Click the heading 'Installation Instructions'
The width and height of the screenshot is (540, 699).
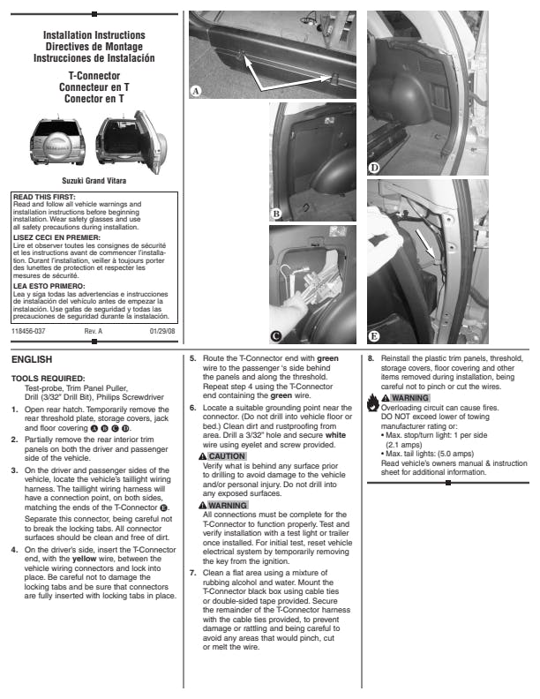(x=94, y=35)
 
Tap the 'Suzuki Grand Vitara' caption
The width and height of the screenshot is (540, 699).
(x=94, y=180)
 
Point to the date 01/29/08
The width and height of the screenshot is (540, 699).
(x=162, y=331)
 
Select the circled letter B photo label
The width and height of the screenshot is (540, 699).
(x=276, y=213)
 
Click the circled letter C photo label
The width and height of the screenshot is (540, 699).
(x=276, y=335)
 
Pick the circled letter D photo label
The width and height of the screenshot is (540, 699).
(x=374, y=168)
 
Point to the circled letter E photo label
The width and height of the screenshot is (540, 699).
(x=374, y=335)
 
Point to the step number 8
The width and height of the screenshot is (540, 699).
(x=371, y=358)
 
